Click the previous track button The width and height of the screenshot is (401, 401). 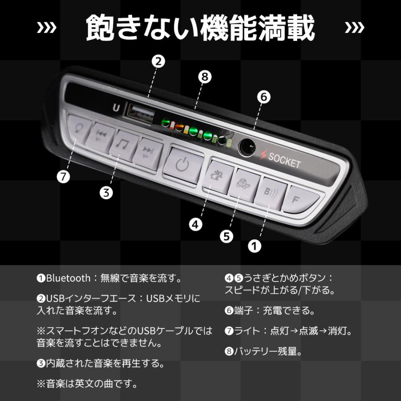(101, 135)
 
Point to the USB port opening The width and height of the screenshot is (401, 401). (136, 111)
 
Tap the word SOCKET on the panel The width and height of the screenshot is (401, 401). (284, 161)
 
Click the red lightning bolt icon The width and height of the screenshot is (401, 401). (264, 155)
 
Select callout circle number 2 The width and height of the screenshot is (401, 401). (156, 61)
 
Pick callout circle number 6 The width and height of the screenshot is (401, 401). (263, 98)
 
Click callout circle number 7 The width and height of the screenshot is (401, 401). (64, 176)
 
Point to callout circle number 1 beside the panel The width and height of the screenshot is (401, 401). (254, 246)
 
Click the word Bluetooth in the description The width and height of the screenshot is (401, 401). (68, 278)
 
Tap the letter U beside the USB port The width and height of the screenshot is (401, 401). (116, 107)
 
